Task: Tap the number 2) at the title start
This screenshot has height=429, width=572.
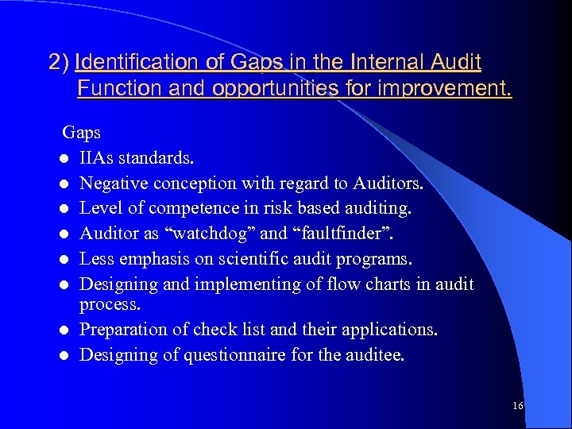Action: tap(59, 61)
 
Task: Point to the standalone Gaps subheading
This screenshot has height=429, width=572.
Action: tap(82, 132)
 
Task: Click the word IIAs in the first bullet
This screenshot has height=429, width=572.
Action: tap(97, 157)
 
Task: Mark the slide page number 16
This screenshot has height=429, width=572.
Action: tap(518, 406)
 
